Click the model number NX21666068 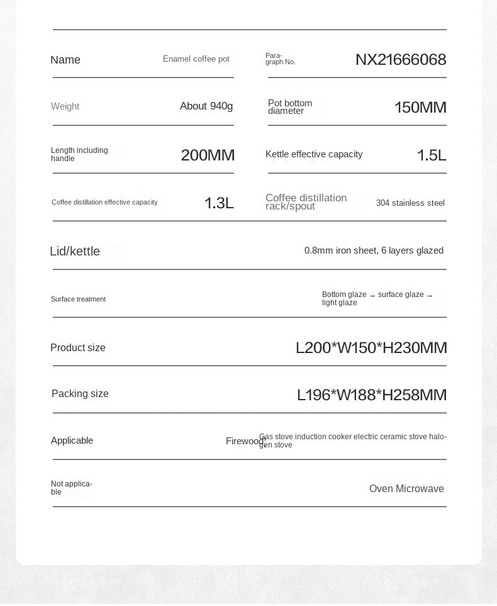point(401,60)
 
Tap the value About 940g point(206,106)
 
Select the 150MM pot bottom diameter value point(420,108)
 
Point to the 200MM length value point(208,155)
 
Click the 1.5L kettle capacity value point(432,155)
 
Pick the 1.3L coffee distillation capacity point(219,203)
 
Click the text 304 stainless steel point(410,203)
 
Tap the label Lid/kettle point(75,252)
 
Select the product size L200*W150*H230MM point(371,348)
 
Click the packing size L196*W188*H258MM point(372,395)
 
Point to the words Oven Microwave point(406,489)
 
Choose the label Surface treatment point(78,300)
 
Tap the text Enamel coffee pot point(196,59)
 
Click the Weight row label point(65,106)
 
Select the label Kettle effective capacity point(314,155)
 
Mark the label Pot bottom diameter point(290,107)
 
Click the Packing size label point(80,394)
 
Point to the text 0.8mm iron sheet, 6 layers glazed point(374,251)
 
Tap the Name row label point(65,60)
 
